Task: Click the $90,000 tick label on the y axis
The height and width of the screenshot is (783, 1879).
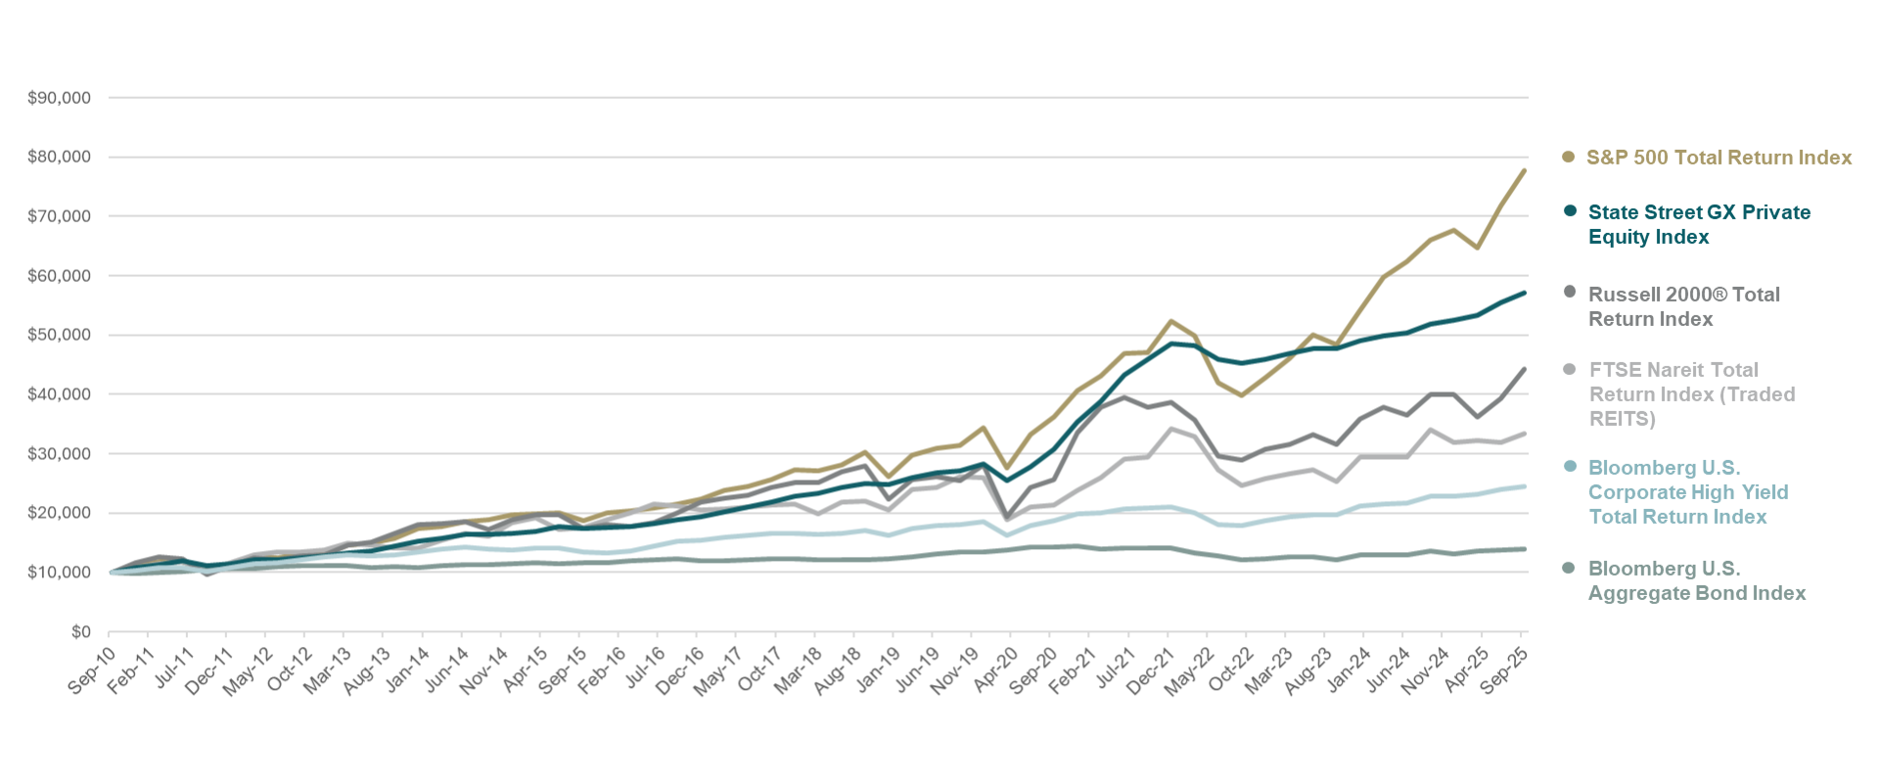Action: [x=59, y=98]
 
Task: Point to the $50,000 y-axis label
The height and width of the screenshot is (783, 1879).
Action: [x=59, y=335]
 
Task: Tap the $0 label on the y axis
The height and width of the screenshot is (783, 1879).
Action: [x=80, y=632]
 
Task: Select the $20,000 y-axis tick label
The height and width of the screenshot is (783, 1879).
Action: [x=59, y=513]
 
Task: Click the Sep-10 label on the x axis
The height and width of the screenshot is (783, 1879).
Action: [x=92, y=669]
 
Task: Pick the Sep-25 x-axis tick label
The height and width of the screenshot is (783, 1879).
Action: [x=1504, y=669]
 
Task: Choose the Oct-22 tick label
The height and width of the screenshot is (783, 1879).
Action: [x=1229, y=669]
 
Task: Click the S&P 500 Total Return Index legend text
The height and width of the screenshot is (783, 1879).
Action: [x=1719, y=158]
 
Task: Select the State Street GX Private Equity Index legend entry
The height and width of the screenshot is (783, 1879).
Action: [x=1699, y=224]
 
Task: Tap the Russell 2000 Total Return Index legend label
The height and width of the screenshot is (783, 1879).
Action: [x=1683, y=306]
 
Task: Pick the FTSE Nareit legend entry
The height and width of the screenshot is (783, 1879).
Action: [x=1692, y=393]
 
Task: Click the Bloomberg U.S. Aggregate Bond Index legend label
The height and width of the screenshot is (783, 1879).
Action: [x=1697, y=580]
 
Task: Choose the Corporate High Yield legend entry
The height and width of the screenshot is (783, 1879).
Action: [x=1688, y=491]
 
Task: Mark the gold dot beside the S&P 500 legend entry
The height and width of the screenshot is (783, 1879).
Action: [x=1568, y=157]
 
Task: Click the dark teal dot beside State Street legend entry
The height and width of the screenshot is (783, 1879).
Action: [x=1570, y=210]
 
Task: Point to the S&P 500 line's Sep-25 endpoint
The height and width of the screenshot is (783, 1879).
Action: [x=1524, y=171]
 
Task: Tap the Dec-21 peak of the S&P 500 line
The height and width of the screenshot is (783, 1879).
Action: [x=1170, y=321]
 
